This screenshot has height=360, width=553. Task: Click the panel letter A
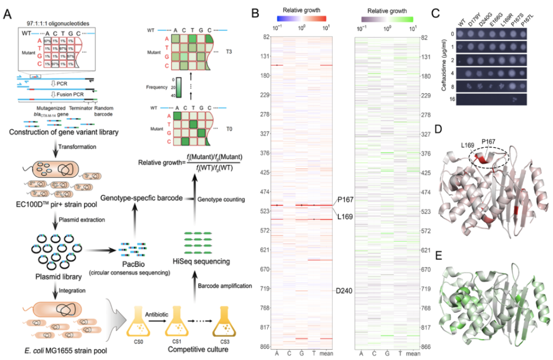[8, 15]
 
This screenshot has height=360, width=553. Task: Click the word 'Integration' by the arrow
[69, 290]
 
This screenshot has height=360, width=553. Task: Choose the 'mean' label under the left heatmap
[326, 354]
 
